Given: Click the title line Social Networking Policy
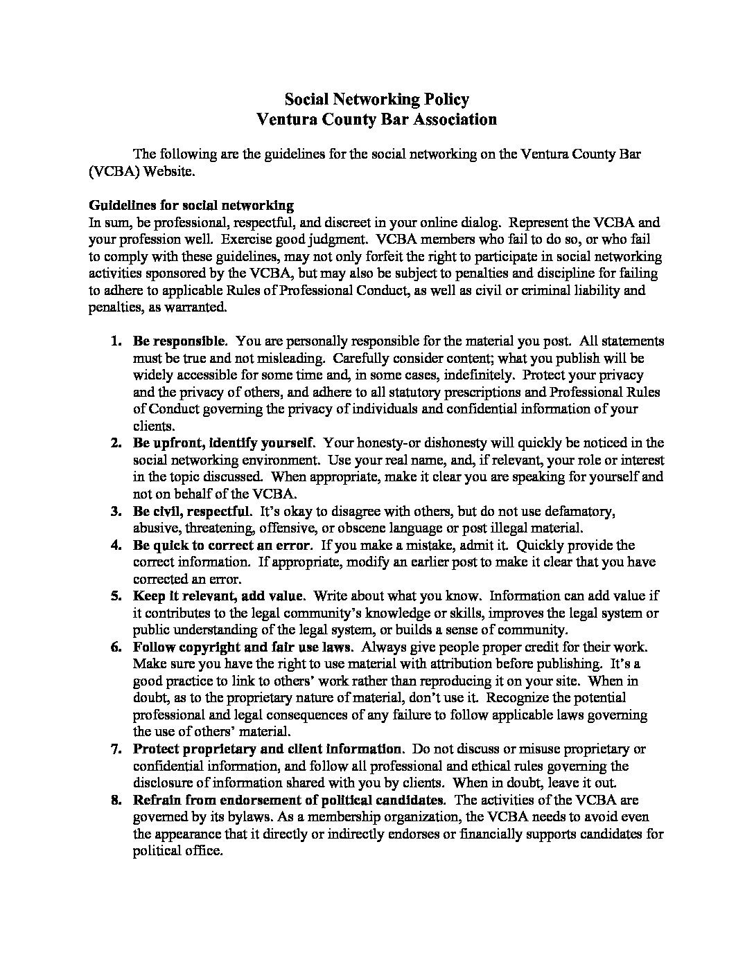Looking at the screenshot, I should (x=376, y=99).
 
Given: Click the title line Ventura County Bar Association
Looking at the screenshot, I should (x=376, y=119).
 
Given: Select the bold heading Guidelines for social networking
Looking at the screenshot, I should (x=191, y=206).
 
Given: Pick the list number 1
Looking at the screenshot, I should (x=116, y=341).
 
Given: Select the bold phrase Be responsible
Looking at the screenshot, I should (x=179, y=341).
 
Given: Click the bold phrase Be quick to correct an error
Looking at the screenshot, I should (x=222, y=546).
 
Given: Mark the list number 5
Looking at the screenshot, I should (x=116, y=596).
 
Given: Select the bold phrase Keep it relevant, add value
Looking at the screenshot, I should (x=218, y=596).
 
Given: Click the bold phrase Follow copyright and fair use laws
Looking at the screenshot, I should (x=243, y=647).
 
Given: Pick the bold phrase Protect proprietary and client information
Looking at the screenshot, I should (x=268, y=749).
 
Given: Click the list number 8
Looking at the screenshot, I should (x=116, y=800).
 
